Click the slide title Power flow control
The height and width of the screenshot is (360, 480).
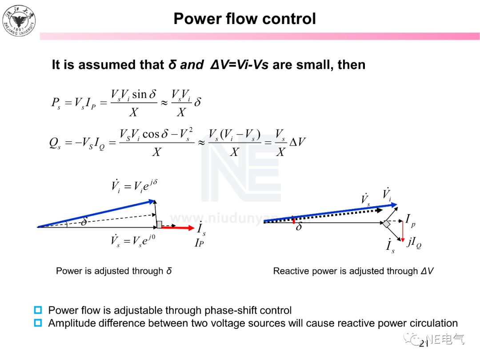pos(244,19)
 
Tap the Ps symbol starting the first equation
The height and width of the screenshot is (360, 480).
pos(56,103)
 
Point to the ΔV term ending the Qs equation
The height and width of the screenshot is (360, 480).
pos(298,142)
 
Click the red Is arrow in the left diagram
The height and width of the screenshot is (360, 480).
pos(178,227)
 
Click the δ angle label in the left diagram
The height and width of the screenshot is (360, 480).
pos(84,221)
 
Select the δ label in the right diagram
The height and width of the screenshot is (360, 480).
pos(299,227)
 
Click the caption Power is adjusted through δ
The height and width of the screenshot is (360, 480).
pos(114,271)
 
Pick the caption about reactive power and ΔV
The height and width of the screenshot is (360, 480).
pos(353,271)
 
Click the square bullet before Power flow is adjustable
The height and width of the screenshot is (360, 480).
pos(38,310)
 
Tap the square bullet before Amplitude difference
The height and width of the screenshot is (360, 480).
pos(38,323)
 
